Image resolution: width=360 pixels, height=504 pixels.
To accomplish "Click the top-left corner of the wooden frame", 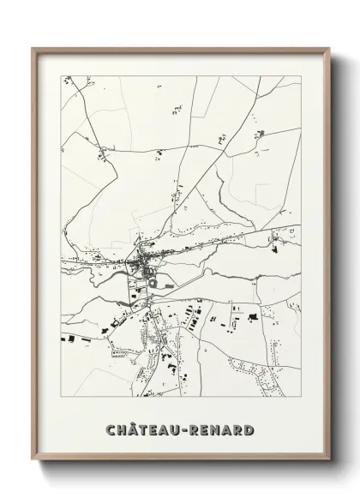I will [33, 48].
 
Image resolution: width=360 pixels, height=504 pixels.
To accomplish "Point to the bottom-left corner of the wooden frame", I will [33, 460].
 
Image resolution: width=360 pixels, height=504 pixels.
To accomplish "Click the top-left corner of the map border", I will [61, 75].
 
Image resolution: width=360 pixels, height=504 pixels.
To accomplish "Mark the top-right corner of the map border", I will [301, 75].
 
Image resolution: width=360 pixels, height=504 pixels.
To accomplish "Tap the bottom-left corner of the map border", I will [61, 396].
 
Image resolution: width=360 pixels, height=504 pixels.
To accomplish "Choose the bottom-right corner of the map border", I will [301, 396].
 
